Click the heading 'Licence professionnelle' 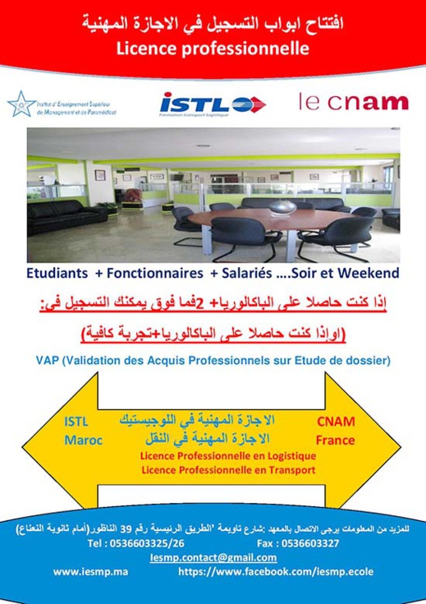(213, 48)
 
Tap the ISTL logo (212, 104)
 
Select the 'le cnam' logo (353, 103)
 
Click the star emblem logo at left (21, 104)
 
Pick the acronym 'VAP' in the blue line (50, 360)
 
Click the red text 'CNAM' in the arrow (336, 422)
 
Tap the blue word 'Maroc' (83, 440)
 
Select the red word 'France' (335, 440)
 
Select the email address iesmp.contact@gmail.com (213, 557)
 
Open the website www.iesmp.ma (89, 571)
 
